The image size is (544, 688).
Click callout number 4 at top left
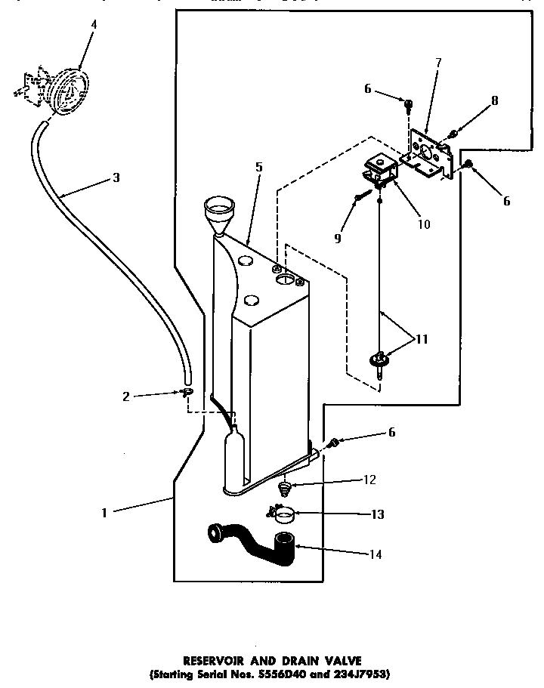tap(93, 24)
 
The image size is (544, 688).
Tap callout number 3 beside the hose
tap(115, 178)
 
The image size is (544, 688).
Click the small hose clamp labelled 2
tap(187, 392)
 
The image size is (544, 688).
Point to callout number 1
tap(104, 512)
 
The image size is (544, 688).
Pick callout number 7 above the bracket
tap(438, 63)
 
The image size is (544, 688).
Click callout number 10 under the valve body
tap(422, 224)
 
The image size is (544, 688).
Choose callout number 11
tap(422, 339)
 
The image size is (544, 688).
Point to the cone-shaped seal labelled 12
tap(285, 489)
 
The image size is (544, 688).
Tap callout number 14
tap(375, 554)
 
